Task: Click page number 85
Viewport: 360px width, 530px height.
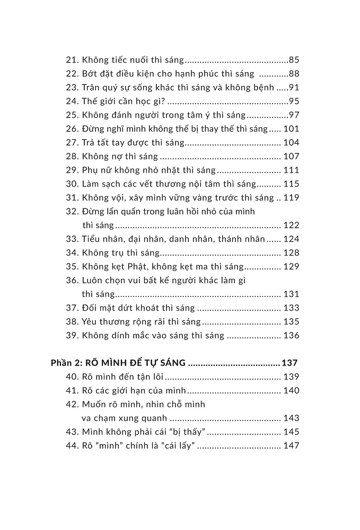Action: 294,60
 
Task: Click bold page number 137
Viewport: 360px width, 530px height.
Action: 290,363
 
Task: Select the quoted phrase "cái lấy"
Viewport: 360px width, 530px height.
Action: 180,446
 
